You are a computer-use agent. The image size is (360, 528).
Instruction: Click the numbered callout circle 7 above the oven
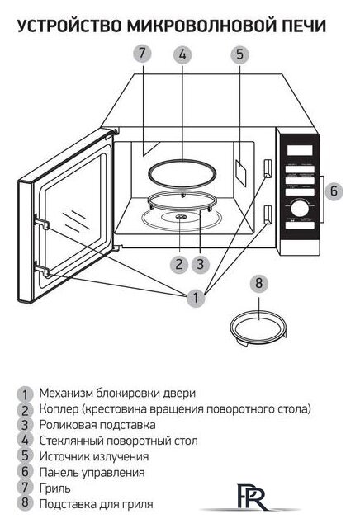pos(142,54)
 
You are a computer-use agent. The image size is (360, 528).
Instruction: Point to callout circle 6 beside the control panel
pos(333,191)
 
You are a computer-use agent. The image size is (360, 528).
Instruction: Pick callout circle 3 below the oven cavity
pos(200,263)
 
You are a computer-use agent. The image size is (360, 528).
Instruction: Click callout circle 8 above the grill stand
pos(258,283)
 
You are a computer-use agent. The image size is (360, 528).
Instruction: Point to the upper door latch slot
pos(267,168)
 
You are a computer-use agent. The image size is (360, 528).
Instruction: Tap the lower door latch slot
pos(267,215)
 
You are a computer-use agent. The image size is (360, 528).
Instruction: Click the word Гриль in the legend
pos(54,488)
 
